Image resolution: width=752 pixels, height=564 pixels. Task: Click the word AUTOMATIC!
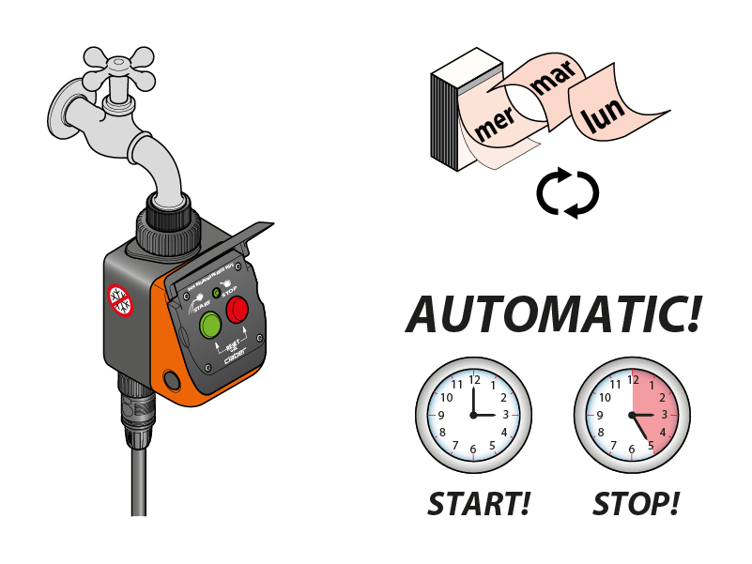tap(553, 314)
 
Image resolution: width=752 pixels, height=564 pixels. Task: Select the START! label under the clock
tap(479, 504)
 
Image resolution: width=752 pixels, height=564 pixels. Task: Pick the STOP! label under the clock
tap(636, 504)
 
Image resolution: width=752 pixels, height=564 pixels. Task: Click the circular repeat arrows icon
tap(567, 192)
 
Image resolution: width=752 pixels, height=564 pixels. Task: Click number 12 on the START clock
tap(474, 380)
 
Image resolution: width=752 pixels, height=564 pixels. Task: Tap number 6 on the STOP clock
tap(632, 450)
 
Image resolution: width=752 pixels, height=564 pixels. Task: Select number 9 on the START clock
tap(440, 415)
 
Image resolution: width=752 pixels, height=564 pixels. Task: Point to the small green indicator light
tap(217, 294)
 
